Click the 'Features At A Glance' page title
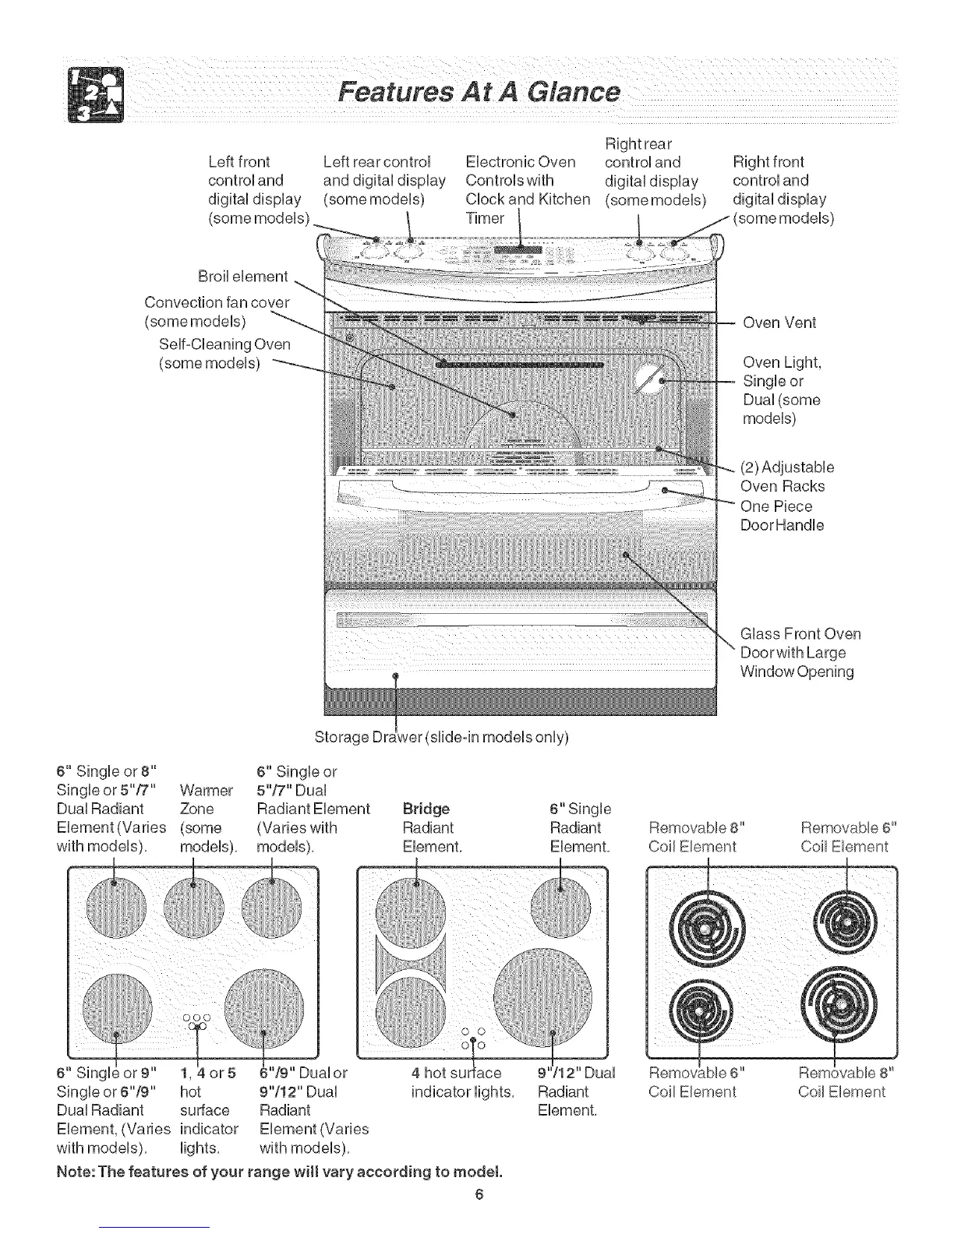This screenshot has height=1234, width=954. pos(478,93)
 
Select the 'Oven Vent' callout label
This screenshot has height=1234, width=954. pos(779,323)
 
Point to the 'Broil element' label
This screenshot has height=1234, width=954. pos(243,277)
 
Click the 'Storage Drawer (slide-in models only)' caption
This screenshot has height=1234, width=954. pos(442,736)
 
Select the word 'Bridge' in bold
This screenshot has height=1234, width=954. pos(426,809)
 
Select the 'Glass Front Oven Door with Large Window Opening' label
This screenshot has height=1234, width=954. pos(800,652)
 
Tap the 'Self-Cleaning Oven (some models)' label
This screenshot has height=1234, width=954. pos(224,354)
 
